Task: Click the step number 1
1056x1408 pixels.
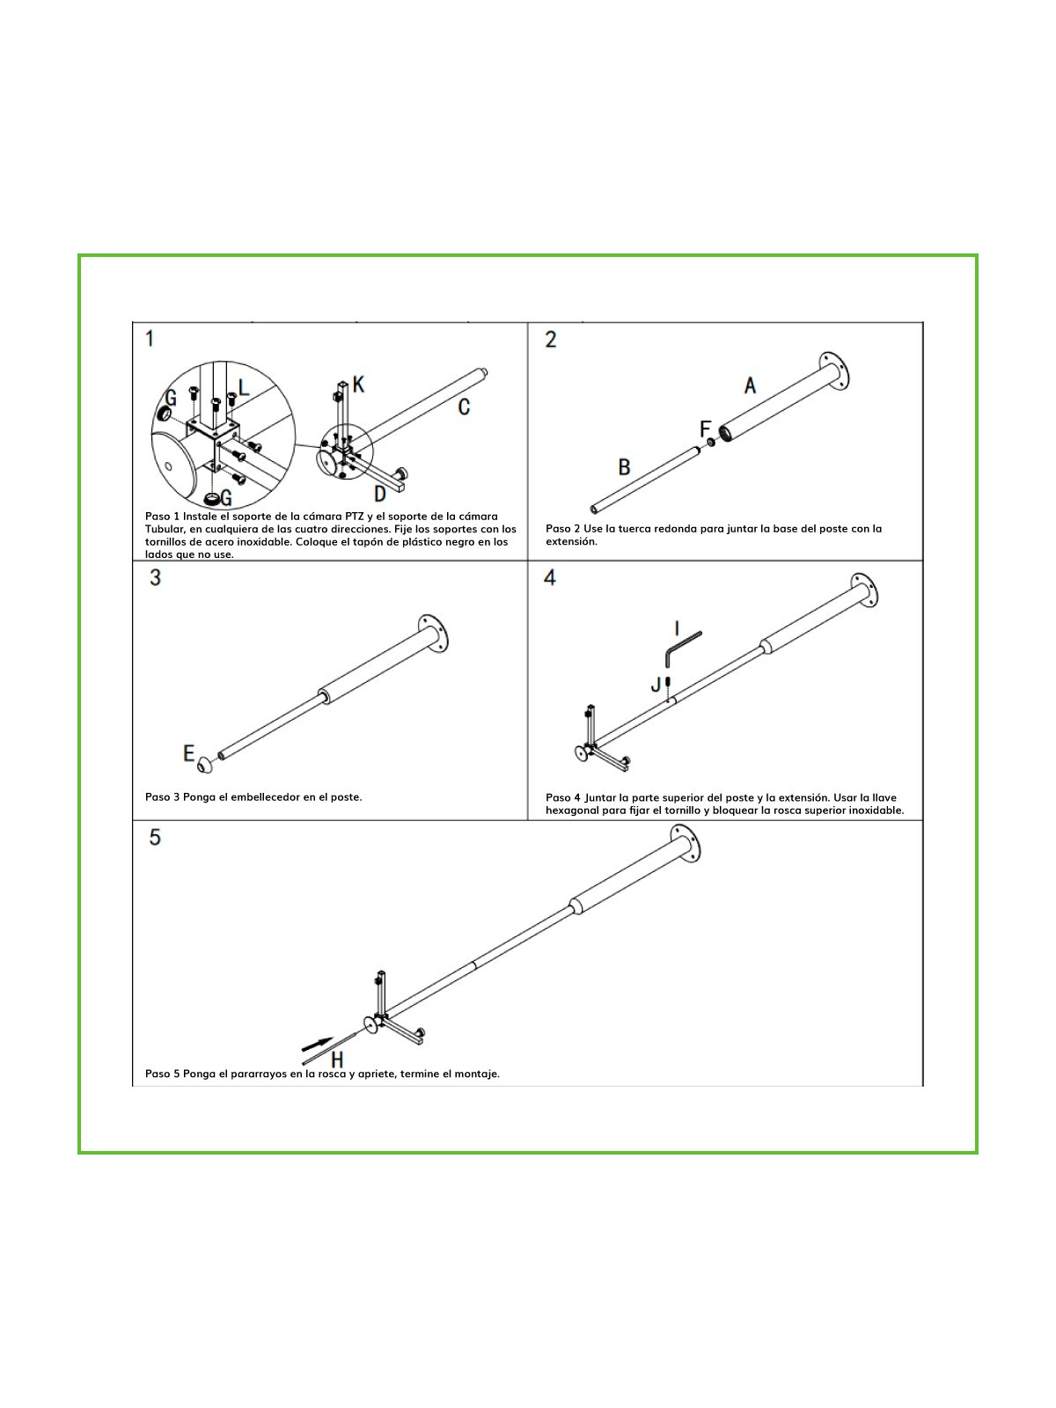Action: (x=150, y=339)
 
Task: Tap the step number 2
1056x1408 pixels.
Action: (x=551, y=340)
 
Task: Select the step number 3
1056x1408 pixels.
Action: (x=155, y=577)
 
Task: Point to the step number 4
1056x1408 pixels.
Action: (x=550, y=577)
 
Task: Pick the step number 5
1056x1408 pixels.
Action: (x=155, y=837)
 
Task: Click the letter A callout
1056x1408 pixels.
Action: (x=750, y=385)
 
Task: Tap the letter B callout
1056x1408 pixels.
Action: (x=624, y=467)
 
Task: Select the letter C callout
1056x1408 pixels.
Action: (x=465, y=407)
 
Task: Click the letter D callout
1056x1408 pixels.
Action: (x=380, y=494)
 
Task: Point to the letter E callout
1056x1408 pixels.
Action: (x=188, y=752)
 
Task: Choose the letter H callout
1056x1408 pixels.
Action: (x=337, y=1059)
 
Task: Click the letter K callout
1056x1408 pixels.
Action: (x=358, y=385)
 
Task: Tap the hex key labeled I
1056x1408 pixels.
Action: (x=681, y=649)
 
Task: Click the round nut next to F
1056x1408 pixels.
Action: (x=710, y=443)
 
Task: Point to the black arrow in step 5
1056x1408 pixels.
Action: (x=318, y=1045)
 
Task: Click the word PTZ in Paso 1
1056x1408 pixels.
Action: (x=354, y=517)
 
